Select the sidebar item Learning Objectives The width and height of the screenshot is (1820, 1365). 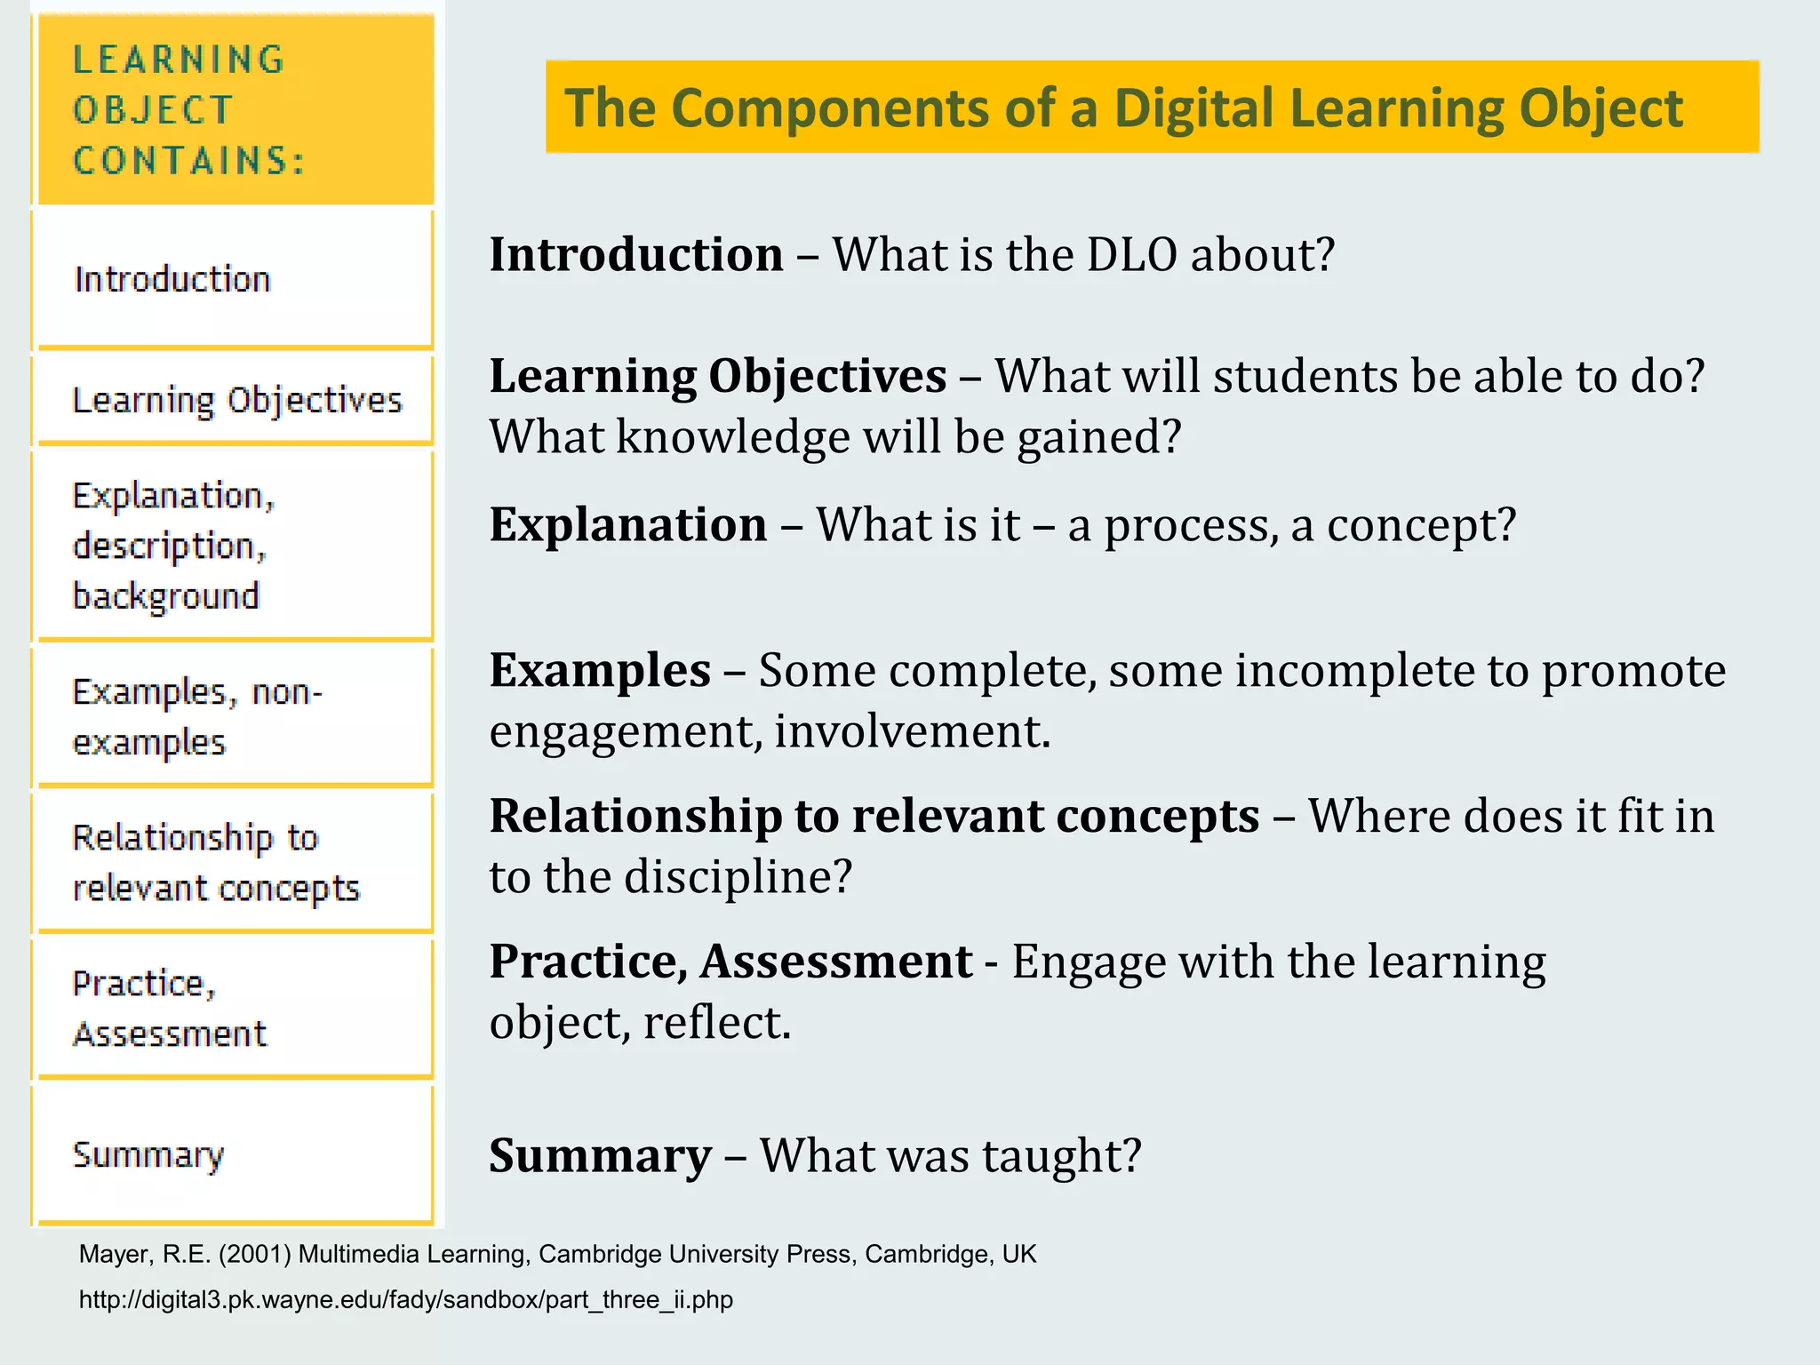[x=237, y=401]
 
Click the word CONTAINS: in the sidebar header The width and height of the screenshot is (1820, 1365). [x=189, y=161]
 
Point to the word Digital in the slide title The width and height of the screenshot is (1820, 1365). [x=1193, y=108]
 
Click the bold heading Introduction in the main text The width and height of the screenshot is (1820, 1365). [x=636, y=255]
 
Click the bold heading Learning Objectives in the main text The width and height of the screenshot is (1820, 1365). [x=718, y=376]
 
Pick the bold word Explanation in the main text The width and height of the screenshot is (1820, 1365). [x=628, y=524]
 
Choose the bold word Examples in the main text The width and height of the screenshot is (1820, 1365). [x=600, y=670]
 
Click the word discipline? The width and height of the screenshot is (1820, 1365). [x=738, y=877]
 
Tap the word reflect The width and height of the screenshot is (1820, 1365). [x=716, y=1023]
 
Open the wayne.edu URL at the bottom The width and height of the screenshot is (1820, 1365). [x=406, y=1300]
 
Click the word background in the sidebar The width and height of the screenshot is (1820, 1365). [x=166, y=596]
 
